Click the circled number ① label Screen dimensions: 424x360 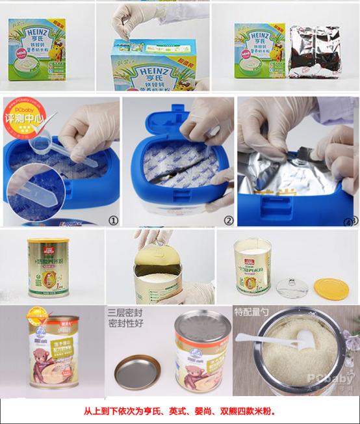[113, 220]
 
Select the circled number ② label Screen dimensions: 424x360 [228, 220]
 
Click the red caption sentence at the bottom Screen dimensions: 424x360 [180, 412]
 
